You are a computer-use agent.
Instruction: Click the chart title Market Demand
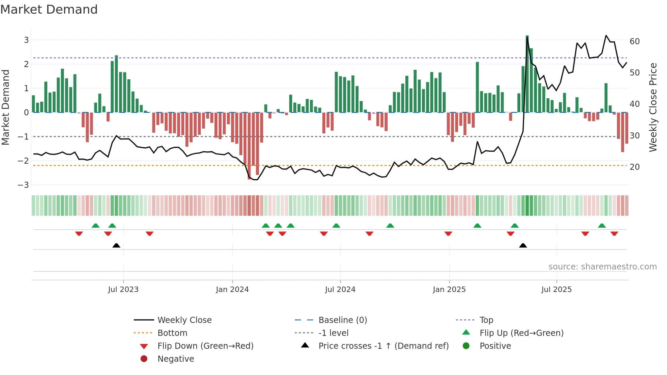point(49,10)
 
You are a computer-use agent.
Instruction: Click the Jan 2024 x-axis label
point(232,290)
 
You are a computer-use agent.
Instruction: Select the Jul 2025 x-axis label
point(556,290)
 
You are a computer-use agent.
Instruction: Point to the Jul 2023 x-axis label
point(123,290)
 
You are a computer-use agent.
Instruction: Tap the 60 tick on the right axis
point(635,42)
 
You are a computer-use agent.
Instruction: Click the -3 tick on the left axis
point(23,185)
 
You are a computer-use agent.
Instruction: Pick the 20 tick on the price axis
point(635,167)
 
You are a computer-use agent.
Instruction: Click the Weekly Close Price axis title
point(653,107)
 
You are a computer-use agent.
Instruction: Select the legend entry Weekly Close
point(184,320)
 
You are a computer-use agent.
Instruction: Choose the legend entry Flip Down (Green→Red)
point(205,346)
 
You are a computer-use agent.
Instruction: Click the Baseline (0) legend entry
point(342,320)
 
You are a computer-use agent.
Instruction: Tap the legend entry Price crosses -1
point(383,346)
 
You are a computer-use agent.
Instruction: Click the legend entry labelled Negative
point(176,359)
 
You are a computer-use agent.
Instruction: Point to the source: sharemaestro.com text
point(602,267)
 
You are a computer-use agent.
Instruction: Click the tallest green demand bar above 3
point(527,73)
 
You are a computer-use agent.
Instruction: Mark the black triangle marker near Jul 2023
point(116,245)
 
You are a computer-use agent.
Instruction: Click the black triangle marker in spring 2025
point(523,245)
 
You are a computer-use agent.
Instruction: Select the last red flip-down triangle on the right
point(614,233)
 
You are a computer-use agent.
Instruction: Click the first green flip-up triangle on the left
point(96,226)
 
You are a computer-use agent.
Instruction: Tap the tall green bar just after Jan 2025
point(477,87)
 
